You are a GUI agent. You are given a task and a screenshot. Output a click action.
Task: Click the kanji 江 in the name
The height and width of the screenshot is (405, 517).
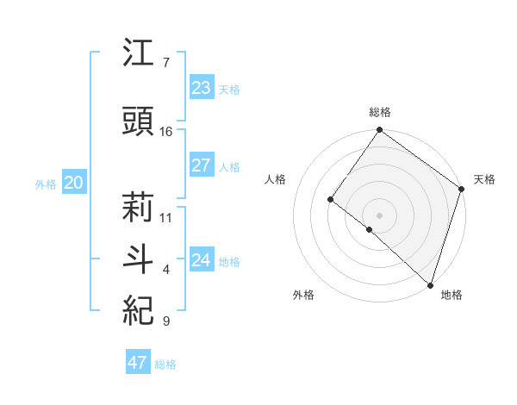(139, 54)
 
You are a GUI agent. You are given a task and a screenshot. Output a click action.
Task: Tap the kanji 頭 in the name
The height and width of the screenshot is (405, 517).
(139, 121)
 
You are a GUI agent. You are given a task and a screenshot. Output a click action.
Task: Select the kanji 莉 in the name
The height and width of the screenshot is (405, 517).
(139, 208)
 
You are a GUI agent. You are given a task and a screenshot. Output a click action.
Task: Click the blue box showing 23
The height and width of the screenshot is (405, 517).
(201, 88)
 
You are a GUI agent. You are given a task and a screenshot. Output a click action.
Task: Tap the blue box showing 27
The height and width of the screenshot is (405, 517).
(201, 166)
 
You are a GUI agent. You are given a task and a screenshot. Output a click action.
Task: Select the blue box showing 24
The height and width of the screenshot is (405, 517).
(201, 260)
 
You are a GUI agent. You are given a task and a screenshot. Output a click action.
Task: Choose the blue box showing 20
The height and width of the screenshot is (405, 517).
(73, 183)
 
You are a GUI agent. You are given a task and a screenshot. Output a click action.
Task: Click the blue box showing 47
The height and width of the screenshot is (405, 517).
(138, 363)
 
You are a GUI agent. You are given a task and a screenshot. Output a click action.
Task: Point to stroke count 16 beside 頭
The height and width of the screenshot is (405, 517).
(166, 132)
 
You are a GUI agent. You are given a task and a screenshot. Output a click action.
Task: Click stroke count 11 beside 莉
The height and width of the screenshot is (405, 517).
(166, 217)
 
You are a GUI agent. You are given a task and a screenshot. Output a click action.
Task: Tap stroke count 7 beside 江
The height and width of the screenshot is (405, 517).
(165, 63)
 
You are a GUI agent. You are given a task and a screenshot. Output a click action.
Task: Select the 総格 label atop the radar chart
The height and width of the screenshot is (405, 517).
(379, 112)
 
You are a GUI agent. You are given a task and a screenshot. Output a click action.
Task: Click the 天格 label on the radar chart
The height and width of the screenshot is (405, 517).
(484, 179)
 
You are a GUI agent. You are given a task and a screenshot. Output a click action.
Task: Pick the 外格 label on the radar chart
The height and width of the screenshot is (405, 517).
(303, 295)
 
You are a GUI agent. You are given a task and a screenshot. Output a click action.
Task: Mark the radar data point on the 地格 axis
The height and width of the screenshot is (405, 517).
(430, 284)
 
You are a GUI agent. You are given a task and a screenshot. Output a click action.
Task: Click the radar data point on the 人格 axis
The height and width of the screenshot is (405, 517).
(330, 199)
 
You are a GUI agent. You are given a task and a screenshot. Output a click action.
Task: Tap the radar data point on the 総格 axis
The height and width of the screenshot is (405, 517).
(379, 130)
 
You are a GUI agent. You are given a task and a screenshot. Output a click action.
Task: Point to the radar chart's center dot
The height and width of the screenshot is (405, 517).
(379, 215)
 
